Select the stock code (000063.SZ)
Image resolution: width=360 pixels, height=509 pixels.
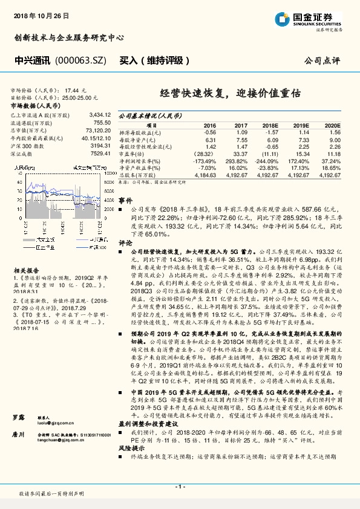pos(80,61)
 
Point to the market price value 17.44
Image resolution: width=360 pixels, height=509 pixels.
pos(71,89)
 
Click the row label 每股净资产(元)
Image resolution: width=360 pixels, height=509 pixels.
pos(140,139)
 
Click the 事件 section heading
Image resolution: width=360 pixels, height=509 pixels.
pos(125,200)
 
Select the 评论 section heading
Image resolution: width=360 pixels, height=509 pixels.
pos(125,241)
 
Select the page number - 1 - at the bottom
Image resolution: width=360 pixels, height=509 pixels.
pos(180,486)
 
